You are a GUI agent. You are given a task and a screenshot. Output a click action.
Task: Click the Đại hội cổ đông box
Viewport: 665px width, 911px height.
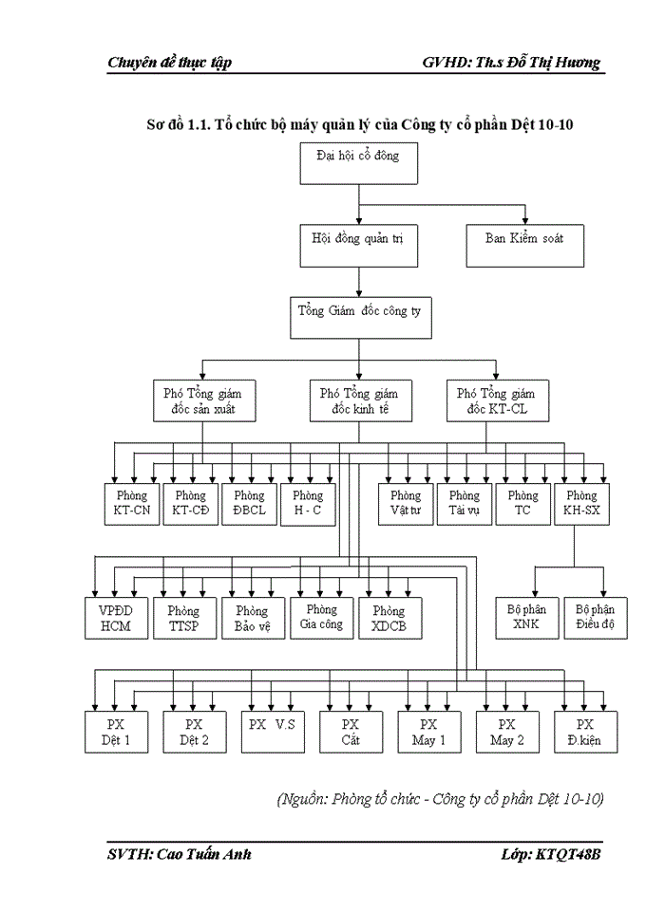(x=357, y=163)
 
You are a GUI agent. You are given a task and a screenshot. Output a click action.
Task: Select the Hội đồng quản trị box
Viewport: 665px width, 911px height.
(x=357, y=244)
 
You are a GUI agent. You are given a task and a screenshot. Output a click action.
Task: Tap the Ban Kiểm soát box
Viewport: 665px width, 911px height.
(x=524, y=244)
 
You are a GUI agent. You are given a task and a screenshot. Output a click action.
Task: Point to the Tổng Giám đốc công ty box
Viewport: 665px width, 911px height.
(x=360, y=317)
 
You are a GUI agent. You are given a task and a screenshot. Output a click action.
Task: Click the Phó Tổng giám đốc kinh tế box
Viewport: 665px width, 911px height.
(x=358, y=402)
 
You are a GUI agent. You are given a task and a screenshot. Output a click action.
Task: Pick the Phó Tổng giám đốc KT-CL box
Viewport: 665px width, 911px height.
(x=495, y=402)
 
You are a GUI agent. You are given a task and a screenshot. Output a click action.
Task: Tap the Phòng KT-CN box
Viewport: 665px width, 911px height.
(x=131, y=505)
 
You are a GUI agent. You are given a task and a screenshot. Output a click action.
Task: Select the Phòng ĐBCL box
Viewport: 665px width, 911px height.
(x=249, y=505)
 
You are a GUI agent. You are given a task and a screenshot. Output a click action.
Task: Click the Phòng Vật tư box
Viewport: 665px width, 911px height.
(x=406, y=505)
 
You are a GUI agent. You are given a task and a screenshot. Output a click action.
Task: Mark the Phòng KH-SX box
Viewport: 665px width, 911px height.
(x=581, y=505)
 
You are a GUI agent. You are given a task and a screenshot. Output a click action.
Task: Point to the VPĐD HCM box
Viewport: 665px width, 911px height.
(x=113, y=619)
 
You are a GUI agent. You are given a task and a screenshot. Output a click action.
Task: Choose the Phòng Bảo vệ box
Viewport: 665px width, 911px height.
(x=252, y=619)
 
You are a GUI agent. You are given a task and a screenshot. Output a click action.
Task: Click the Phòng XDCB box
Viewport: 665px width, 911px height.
(x=389, y=619)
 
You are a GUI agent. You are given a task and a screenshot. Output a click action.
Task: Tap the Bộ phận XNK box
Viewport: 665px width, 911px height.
(x=526, y=619)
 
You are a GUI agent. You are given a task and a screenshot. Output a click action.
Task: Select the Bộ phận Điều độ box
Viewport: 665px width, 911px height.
(x=595, y=619)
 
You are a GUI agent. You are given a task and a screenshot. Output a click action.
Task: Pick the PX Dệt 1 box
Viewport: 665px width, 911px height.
(x=116, y=732)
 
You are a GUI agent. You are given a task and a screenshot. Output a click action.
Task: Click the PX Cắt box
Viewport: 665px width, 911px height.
(x=351, y=732)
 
